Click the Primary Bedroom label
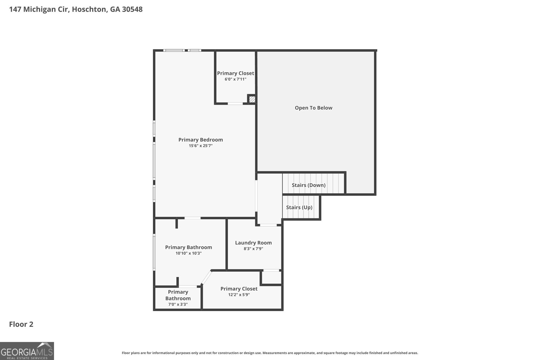click(200, 140)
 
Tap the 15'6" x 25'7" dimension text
click(200, 145)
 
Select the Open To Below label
click(314, 108)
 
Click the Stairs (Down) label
click(308, 185)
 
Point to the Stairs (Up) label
click(299, 207)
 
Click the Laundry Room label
click(253, 243)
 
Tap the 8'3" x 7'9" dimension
click(253, 249)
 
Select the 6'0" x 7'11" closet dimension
click(236, 79)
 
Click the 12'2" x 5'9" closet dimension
click(239, 295)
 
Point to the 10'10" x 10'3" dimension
click(189, 253)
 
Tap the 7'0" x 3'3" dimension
click(178, 304)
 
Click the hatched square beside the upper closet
click(252, 99)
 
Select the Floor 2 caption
click(21, 324)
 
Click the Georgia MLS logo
click(27, 351)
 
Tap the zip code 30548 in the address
click(132, 9)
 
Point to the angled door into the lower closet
click(206, 277)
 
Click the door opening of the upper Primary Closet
click(235, 104)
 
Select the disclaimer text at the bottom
click(270, 353)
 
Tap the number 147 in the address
click(15, 9)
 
